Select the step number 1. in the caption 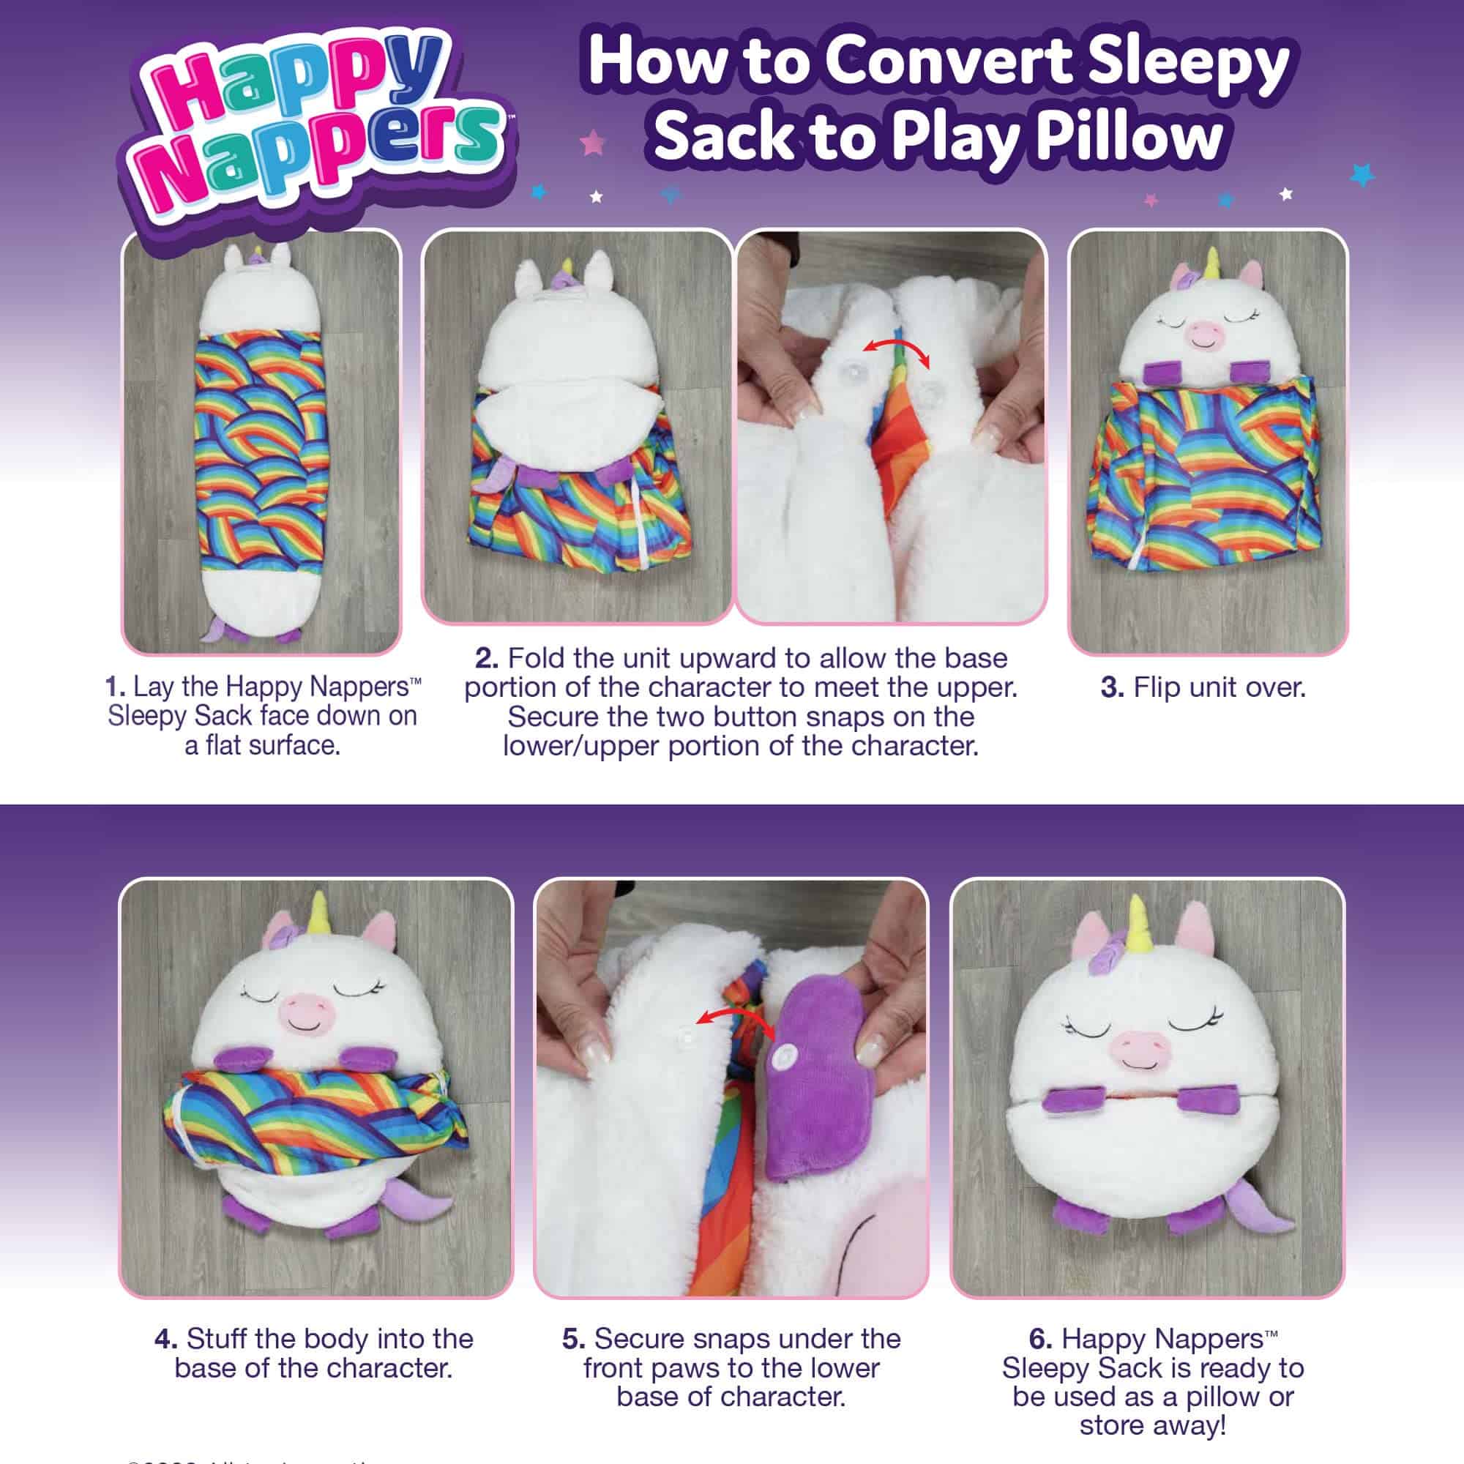pyautogui.click(x=116, y=687)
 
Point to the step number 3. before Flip pyautogui.click(x=1112, y=688)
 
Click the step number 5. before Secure pyautogui.click(x=574, y=1339)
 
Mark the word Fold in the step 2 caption pyautogui.click(x=537, y=658)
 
